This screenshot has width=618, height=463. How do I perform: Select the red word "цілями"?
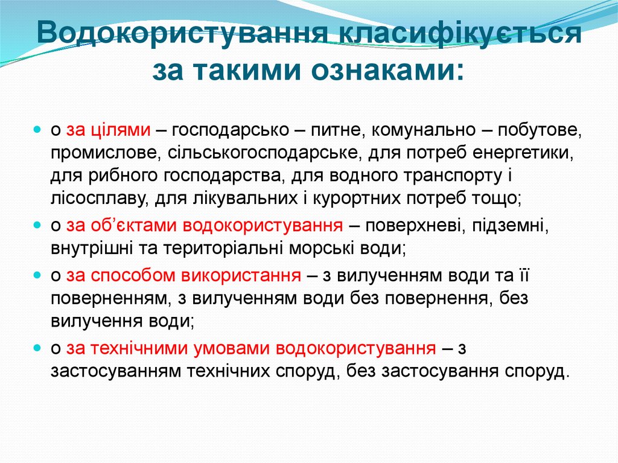[x=120, y=130]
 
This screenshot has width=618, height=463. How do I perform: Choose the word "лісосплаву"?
[x=97, y=197]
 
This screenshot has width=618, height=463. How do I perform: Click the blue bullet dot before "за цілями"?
[x=37, y=129]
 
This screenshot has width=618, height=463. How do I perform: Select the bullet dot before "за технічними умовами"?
[x=37, y=348]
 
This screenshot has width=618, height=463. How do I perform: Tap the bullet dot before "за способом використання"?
[x=37, y=275]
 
